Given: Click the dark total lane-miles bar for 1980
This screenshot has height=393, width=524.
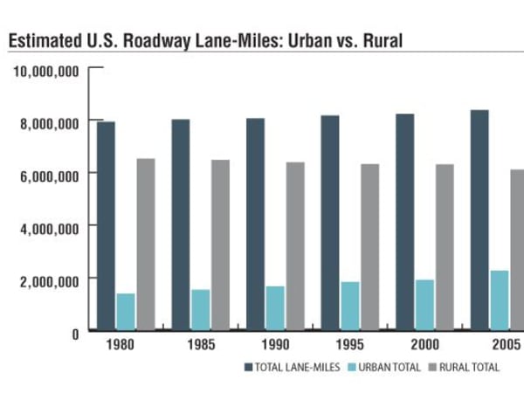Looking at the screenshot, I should pyautogui.click(x=106, y=226).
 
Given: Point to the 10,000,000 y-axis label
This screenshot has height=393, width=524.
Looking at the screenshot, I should pyautogui.click(x=46, y=70).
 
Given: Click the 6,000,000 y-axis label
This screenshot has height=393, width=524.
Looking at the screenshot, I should pyautogui.click(x=50, y=175).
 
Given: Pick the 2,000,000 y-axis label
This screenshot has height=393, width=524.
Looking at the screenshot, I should pyautogui.click(x=50, y=279).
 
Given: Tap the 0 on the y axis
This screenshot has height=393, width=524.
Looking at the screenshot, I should pyautogui.click(x=76, y=332).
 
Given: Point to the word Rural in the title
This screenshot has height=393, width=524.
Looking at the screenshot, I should pyautogui.click(x=382, y=40).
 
